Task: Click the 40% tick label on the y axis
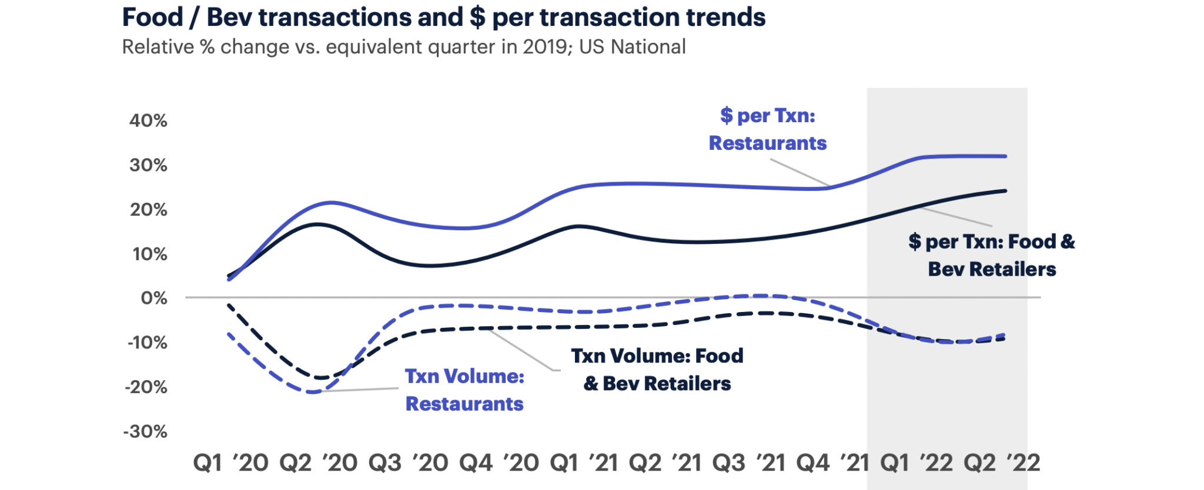click(x=148, y=121)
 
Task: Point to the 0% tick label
click(x=154, y=298)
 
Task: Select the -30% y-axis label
click(x=145, y=432)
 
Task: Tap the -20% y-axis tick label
click(x=146, y=387)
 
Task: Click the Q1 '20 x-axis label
click(x=230, y=463)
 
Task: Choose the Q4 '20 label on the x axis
click(x=499, y=463)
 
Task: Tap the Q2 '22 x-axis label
click(x=1002, y=463)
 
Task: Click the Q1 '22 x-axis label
click(x=916, y=463)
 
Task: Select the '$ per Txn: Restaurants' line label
click(x=768, y=129)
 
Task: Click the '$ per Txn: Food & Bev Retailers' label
click(x=992, y=256)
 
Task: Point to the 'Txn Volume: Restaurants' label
click(x=464, y=390)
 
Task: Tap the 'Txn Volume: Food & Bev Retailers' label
click(x=657, y=370)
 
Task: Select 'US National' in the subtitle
click(x=633, y=47)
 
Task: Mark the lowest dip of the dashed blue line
click(x=312, y=392)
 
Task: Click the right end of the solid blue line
click(x=1005, y=156)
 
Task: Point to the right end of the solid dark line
click(x=1005, y=191)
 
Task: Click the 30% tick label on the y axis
click(x=148, y=166)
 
